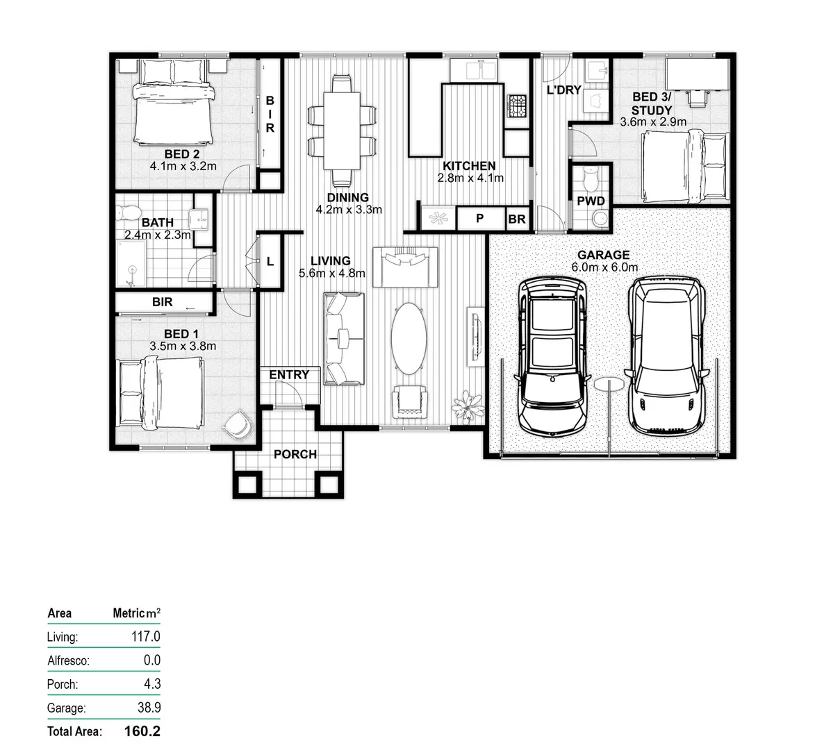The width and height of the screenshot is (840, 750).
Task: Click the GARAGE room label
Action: tap(603, 255)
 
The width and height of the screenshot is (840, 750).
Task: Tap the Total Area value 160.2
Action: tap(142, 731)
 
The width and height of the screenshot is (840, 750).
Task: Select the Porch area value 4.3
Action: tap(152, 684)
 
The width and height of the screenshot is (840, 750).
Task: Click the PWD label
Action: tap(591, 201)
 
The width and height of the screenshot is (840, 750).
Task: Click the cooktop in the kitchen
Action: tap(517, 108)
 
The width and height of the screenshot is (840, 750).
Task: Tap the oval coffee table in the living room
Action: tap(409, 338)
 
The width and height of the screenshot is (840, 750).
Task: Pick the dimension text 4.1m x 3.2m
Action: tap(183, 167)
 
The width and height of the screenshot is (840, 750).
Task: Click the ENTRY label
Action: tap(289, 375)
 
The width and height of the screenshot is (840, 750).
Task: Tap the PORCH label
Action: tap(295, 454)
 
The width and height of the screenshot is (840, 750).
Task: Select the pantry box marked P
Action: tap(479, 219)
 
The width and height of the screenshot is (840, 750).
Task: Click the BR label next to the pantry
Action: tap(517, 219)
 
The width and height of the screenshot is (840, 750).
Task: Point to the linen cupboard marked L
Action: tap(270, 262)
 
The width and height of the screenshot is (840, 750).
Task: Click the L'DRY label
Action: tap(563, 90)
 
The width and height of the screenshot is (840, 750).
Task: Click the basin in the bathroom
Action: tap(201, 218)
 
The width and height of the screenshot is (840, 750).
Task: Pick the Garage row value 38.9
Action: tap(147, 708)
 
